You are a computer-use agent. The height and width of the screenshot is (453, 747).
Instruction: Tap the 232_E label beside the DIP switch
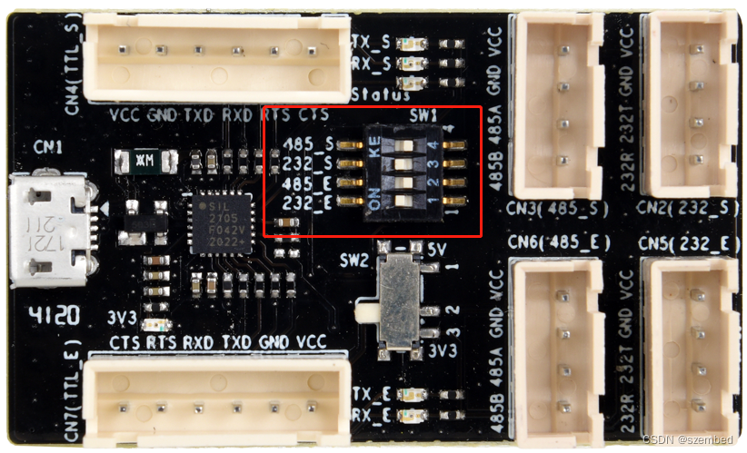(306, 202)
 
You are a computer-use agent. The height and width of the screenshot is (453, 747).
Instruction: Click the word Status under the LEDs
(379, 94)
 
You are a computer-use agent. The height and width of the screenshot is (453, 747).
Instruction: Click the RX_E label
(372, 416)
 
